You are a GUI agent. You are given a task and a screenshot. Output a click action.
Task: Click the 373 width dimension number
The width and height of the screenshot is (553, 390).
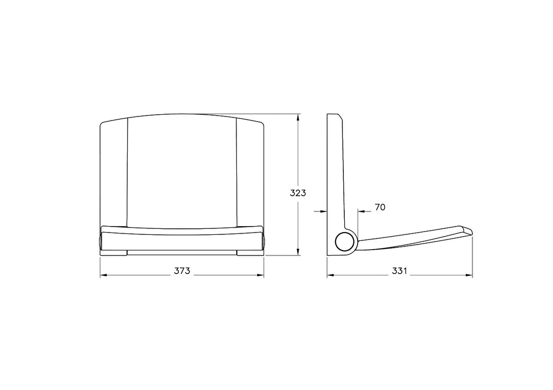point(182,271)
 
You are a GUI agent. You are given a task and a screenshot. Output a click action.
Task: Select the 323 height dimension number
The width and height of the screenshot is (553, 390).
point(298,193)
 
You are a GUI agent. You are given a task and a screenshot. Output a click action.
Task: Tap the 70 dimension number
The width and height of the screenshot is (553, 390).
point(380,208)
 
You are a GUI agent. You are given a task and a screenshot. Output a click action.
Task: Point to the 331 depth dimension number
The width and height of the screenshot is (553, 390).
point(400,271)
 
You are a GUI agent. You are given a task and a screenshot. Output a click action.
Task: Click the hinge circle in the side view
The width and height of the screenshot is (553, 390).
point(344,242)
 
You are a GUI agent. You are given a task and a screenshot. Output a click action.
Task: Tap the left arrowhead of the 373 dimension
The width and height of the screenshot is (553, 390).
point(103,275)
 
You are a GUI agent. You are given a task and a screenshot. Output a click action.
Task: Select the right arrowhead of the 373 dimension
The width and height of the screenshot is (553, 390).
point(260,275)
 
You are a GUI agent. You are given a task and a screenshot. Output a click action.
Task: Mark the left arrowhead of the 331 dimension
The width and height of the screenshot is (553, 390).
point(330,275)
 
